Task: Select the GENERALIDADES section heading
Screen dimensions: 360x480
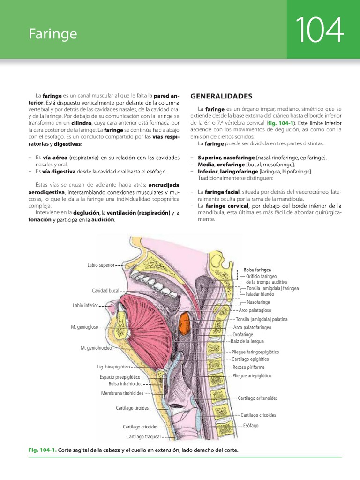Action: coord(221,96)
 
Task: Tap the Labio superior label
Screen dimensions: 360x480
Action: coord(100,265)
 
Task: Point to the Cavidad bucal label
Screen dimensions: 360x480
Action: coord(105,291)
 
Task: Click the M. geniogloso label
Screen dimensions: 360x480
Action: coord(84,327)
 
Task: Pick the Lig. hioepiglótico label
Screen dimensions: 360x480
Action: coord(113,367)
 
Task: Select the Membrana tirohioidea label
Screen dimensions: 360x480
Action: coord(122,393)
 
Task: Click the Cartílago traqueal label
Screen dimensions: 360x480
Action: coord(143,437)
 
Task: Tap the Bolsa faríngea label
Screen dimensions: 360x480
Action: coord(257,270)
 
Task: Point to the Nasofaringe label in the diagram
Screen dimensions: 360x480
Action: coord(258,302)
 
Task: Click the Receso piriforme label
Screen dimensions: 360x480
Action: coord(248,367)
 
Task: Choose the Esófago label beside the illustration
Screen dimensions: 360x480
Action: coord(251,426)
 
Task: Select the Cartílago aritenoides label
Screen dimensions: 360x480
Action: coord(258,398)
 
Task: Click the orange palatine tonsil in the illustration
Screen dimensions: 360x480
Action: coord(184,323)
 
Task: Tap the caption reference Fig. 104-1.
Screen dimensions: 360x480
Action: coord(42,450)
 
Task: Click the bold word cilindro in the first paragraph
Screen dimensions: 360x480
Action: coord(81,122)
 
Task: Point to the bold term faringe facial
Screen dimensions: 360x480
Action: coord(222,192)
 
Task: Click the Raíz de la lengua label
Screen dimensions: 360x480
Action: coord(245,342)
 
